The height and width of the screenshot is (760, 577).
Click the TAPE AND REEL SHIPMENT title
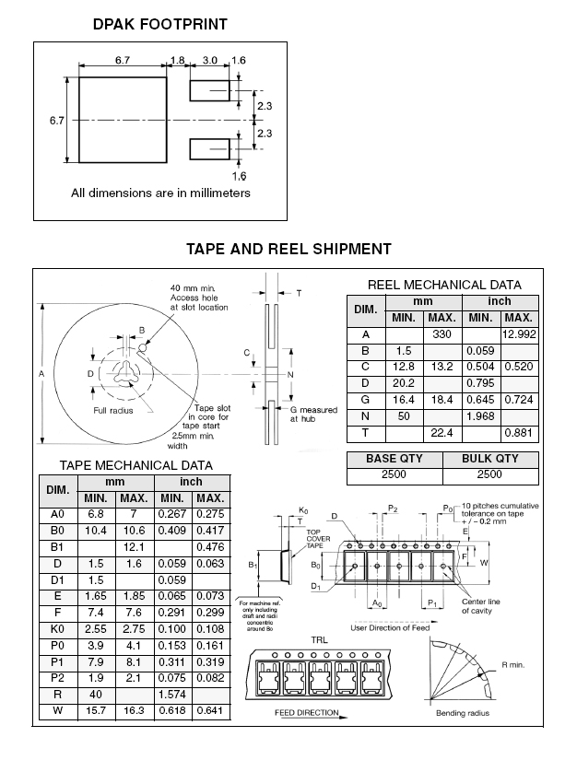[288, 249]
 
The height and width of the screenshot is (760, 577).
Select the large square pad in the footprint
[123, 120]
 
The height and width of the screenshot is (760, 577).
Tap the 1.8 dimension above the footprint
[178, 61]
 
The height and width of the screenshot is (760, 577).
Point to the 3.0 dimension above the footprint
[209, 61]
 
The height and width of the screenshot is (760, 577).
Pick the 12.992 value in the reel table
[519, 334]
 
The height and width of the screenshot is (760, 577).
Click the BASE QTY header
[394, 459]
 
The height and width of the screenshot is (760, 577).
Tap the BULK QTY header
[489, 459]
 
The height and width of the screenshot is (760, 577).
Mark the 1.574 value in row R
[172, 694]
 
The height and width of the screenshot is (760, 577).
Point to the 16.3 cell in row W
[126, 712]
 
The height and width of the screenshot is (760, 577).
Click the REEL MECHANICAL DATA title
[444, 285]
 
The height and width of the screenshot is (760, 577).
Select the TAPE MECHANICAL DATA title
[136, 465]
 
